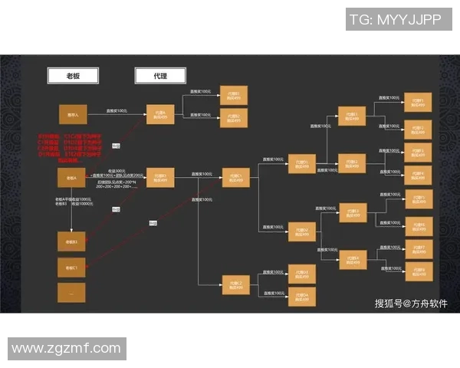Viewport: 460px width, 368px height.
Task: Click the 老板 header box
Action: [71, 75]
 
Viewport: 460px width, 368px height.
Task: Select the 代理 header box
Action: [159, 75]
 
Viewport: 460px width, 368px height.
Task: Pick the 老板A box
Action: [72, 178]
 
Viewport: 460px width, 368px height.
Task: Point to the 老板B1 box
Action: [72, 242]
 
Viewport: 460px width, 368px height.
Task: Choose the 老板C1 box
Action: [72, 268]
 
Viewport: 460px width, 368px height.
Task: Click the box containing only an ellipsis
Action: [72, 293]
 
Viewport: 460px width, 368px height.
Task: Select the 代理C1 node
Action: [235, 178]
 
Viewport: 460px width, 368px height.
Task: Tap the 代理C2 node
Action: [235, 285]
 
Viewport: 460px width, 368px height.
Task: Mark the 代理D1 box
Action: [302, 164]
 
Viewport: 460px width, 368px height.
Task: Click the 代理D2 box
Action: [302, 231]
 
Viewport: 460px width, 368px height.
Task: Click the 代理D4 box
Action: [302, 296]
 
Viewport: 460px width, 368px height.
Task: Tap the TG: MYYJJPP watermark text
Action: [396, 21]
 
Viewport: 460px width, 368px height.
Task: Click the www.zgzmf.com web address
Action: [67, 349]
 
